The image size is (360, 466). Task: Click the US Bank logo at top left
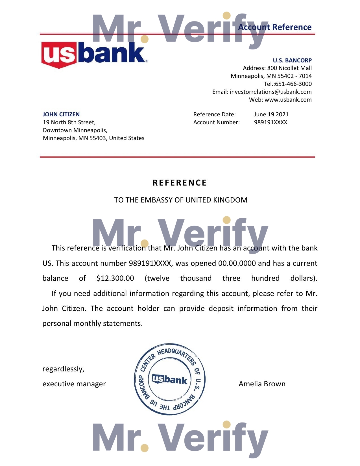point(94,55)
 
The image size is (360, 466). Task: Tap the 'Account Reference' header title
point(275,27)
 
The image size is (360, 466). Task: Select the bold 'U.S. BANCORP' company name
point(292,60)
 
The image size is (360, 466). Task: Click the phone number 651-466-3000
point(293,84)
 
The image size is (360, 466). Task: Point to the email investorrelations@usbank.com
point(270,92)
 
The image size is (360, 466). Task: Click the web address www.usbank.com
point(288,100)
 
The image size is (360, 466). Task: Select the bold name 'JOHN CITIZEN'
point(61,114)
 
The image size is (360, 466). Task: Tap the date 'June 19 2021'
point(271,114)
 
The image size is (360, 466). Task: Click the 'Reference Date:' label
point(214,114)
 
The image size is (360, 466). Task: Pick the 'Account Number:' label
point(216,122)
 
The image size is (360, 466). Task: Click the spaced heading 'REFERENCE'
point(180,183)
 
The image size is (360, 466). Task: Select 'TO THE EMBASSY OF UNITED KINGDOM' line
point(181,200)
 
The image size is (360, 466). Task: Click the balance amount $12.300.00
point(115,278)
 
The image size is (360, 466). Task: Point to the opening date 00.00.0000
point(237,263)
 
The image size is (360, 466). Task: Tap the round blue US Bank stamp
point(170,379)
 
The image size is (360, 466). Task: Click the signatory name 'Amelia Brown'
point(262,384)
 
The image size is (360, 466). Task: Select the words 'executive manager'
point(74,384)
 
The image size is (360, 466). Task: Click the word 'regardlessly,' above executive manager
point(63,369)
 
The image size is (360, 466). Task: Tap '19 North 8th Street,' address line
point(69,122)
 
